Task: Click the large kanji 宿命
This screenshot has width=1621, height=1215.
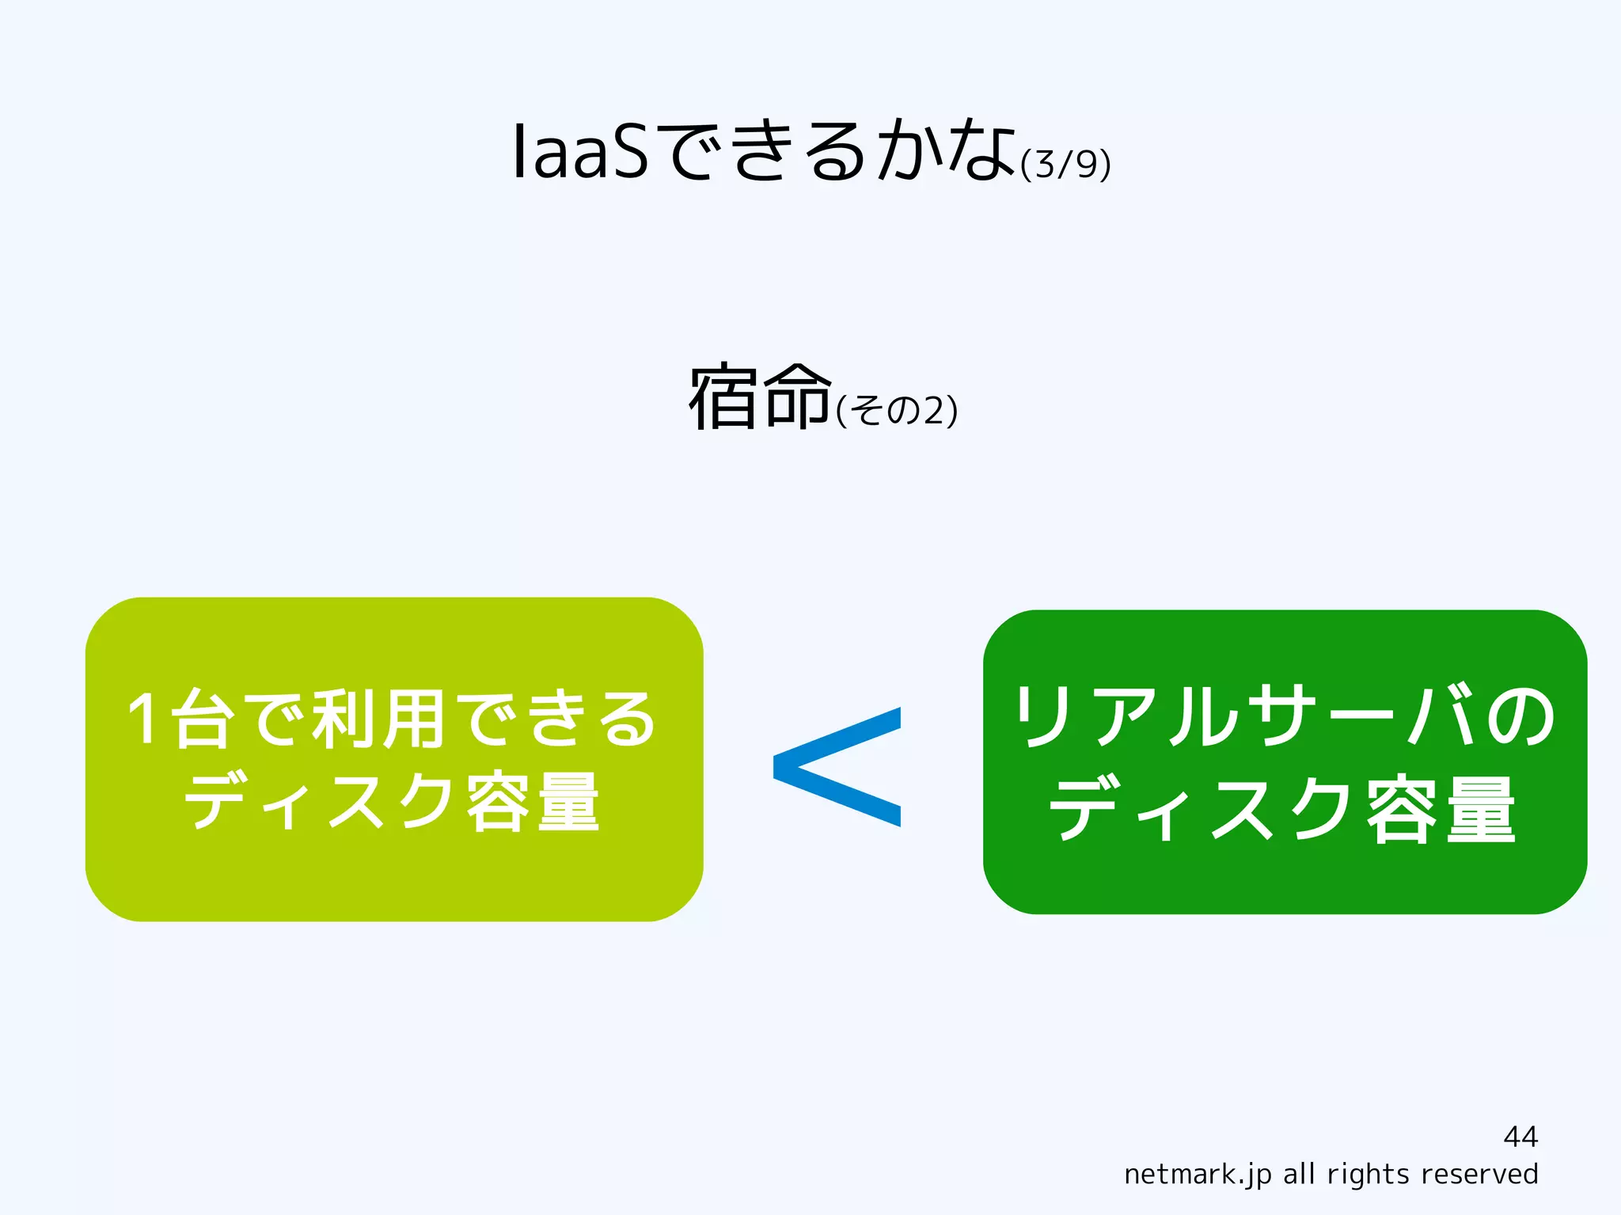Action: [759, 397]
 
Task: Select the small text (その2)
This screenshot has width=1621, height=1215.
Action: [897, 411]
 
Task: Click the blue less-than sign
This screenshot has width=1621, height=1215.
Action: [837, 766]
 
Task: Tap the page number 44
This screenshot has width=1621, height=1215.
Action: [1520, 1137]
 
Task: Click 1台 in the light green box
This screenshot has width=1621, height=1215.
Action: [180, 719]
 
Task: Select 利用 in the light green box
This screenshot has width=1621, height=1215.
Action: [378, 719]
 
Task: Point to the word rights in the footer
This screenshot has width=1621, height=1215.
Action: [1368, 1174]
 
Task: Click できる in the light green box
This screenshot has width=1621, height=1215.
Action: [557, 719]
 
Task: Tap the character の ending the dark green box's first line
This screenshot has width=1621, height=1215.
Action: [1520, 716]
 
